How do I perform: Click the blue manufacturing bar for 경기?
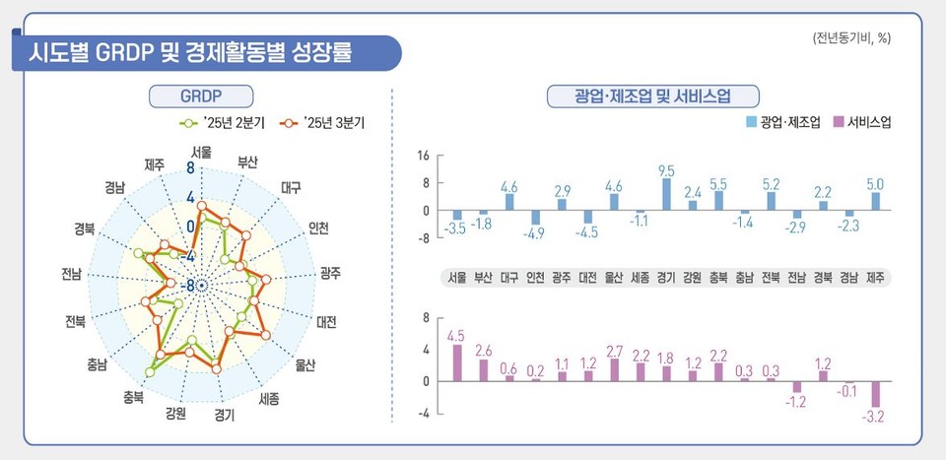pyautogui.click(x=667, y=194)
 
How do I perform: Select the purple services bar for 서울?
pyautogui.click(x=457, y=362)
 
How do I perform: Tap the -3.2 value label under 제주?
pyautogui.click(x=875, y=418)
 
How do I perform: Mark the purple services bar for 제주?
pyautogui.click(x=875, y=394)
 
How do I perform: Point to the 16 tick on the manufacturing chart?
pyautogui.click(x=424, y=156)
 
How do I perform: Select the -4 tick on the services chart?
pyautogui.click(x=425, y=414)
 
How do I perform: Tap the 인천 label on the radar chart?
pyautogui.click(x=318, y=228)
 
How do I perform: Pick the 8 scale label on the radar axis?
pyautogui.click(x=191, y=169)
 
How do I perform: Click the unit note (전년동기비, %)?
pyautogui.click(x=851, y=38)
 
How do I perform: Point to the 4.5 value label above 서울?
pyautogui.click(x=455, y=336)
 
